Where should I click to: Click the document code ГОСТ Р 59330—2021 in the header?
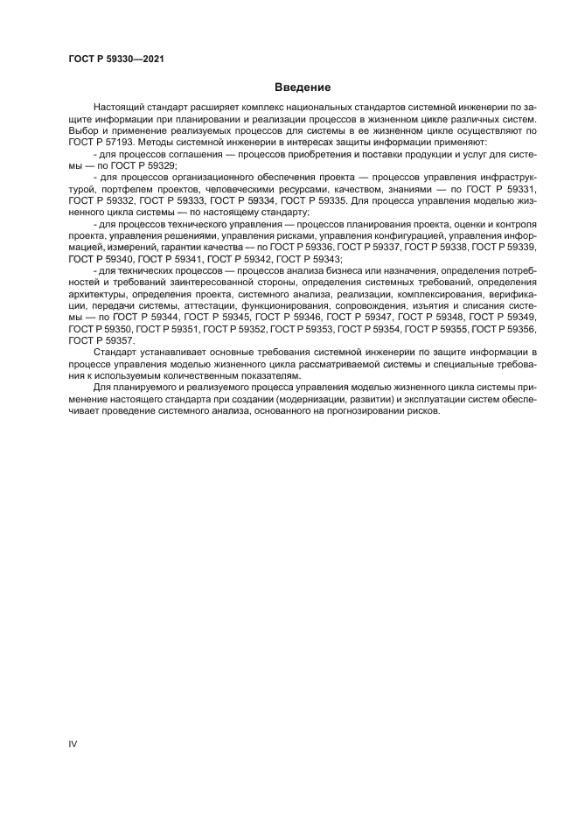[116, 59]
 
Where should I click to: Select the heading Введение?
[302, 87]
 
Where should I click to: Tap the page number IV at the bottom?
[73, 744]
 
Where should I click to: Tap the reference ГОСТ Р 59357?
[101, 340]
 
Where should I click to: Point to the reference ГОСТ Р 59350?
[101, 329]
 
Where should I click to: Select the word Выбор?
[84, 129]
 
